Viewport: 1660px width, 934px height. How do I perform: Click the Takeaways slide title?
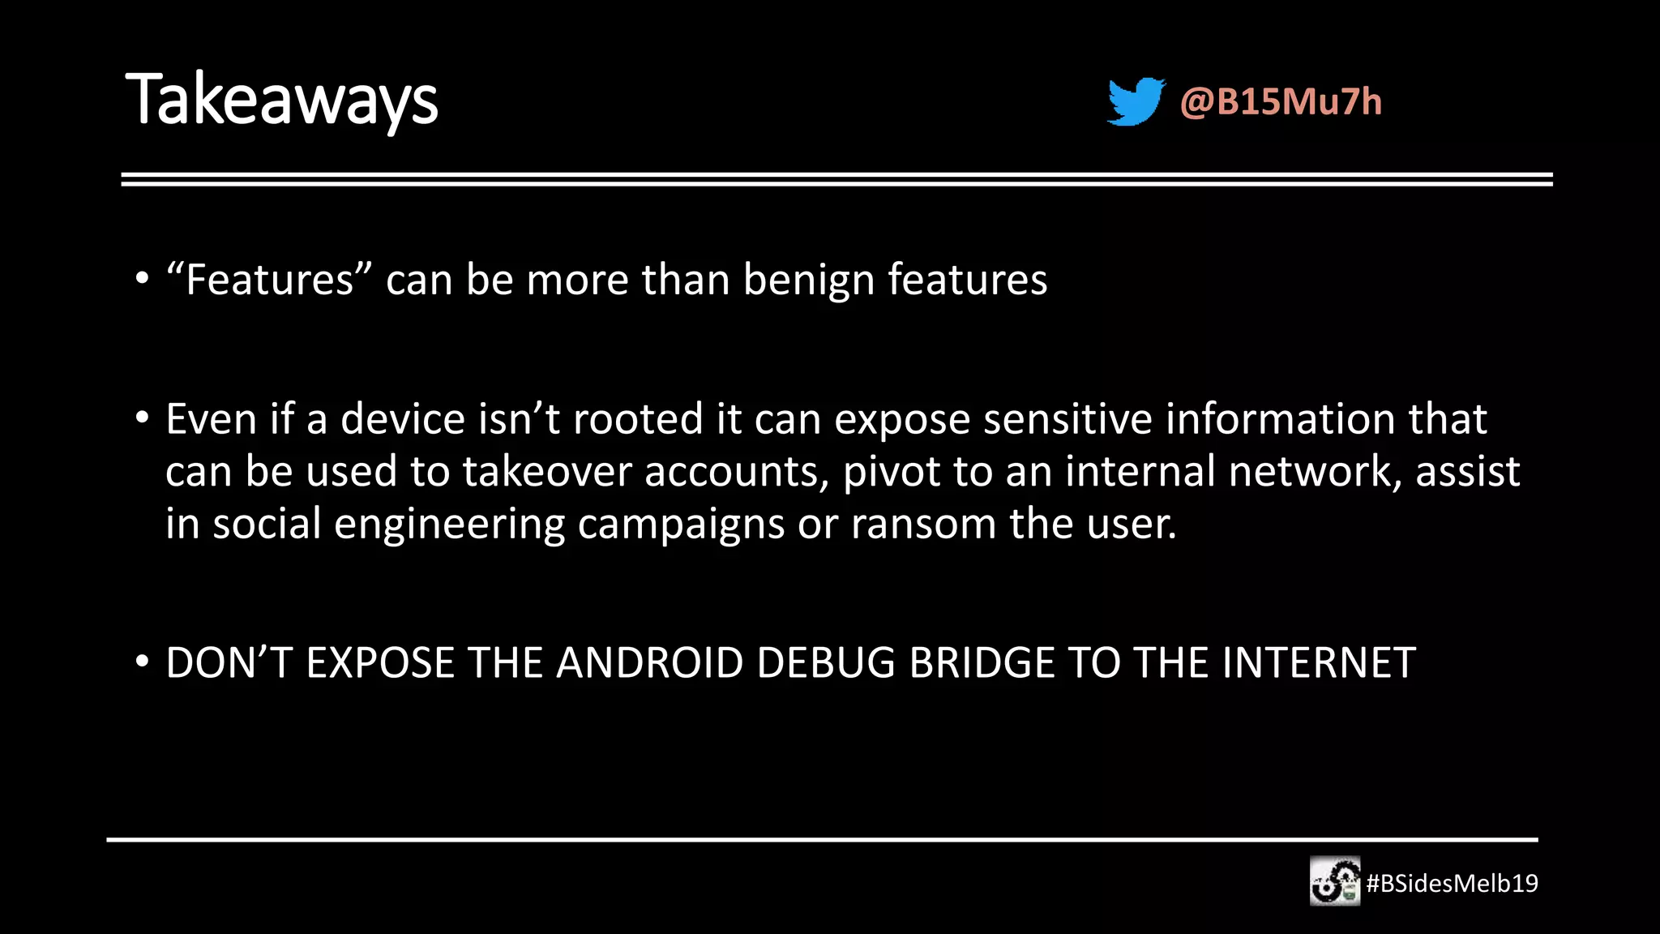[x=281, y=101]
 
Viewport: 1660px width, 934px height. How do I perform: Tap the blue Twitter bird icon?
[x=1136, y=101]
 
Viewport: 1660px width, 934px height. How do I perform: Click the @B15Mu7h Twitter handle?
[x=1281, y=102]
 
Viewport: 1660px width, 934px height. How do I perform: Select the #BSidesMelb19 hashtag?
[x=1452, y=883]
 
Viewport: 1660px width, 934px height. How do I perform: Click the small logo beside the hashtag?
[x=1335, y=881]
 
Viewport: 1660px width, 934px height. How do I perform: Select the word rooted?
[x=638, y=419]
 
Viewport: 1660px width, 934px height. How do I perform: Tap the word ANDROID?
[x=649, y=663]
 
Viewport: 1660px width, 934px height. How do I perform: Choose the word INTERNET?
[x=1319, y=663]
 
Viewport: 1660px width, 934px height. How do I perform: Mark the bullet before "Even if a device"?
[x=143, y=418]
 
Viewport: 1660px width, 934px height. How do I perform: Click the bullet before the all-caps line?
[x=143, y=662]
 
